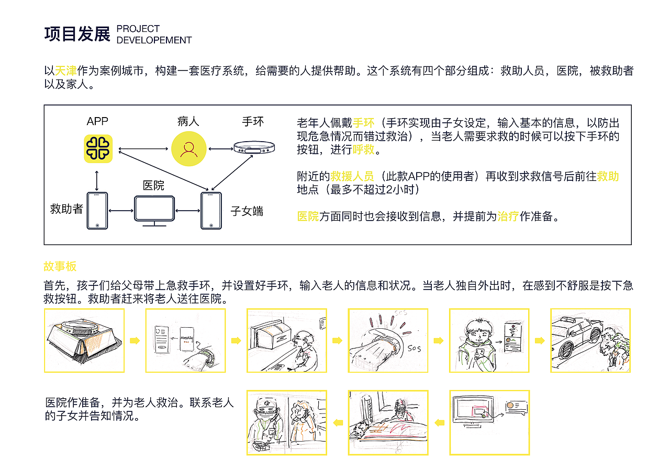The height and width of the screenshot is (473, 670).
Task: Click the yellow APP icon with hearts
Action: click(98, 148)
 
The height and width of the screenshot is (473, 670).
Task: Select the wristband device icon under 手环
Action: click(254, 147)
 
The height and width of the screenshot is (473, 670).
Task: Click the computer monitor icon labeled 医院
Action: click(154, 211)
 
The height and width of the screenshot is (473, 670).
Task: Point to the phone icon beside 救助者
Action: click(97, 211)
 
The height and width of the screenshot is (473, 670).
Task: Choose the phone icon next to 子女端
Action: click(211, 211)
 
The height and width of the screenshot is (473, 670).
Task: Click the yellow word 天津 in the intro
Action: click(66, 71)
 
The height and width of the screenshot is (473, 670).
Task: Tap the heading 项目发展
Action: click(77, 34)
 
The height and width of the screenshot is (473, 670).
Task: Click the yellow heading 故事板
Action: click(60, 267)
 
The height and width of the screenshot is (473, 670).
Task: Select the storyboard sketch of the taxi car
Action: click(590, 340)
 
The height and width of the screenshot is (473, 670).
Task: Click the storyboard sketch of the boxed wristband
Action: click(84, 340)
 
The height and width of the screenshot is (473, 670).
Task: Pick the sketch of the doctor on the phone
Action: click(286, 422)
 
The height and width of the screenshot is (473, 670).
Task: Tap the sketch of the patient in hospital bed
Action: click(388, 422)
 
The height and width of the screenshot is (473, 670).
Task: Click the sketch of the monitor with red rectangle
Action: click(489, 422)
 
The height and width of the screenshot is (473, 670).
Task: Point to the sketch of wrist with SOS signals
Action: click(388, 340)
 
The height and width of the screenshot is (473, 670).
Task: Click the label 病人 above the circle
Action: click(188, 122)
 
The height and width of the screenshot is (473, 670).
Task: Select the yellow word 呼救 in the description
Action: click(363, 150)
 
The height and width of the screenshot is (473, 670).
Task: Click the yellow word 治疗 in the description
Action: click(507, 216)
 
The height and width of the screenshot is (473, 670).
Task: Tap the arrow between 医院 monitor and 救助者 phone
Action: click(121, 211)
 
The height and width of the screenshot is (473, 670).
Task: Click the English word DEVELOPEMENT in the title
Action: click(154, 40)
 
